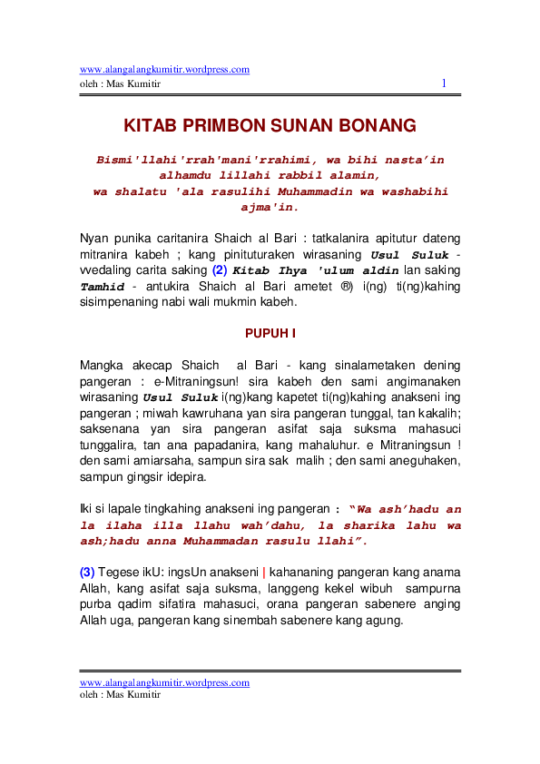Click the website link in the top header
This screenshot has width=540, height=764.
click(x=164, y=69)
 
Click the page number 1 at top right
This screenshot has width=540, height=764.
click(x=444, y=83)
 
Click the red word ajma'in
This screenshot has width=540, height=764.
click(x=270, y=208)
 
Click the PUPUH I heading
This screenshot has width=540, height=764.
click(x=270, y=333)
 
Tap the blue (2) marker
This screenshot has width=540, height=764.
click(x=220, y=270)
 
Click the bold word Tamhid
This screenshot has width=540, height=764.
click(x=101, y=287)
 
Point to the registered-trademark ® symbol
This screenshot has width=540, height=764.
click(x=345, y=287)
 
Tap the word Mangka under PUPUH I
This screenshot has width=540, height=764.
click(x=102, y=365)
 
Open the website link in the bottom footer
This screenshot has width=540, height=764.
click(x=164, y=682)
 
